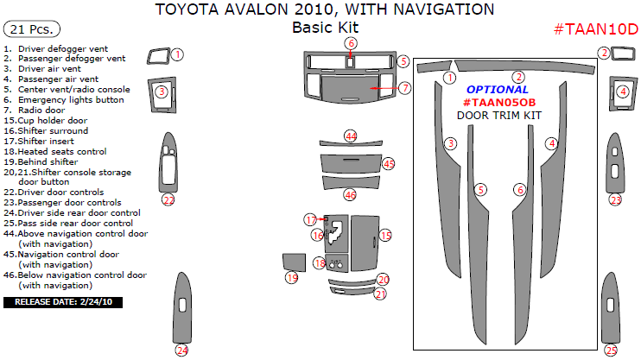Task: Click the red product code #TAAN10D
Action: coord(594,29)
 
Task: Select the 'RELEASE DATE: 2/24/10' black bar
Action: coord(64,302)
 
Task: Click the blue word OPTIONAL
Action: coord(497,89)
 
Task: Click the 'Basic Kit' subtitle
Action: coord(325,28)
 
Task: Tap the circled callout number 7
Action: coord(404,87)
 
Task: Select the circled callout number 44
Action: coord(351,136)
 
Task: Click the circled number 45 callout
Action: coord(389,163)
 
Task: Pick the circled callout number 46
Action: coord(350,194)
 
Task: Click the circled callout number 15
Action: coord(385,235)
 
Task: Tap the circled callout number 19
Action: coord(291,278)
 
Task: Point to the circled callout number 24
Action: coord(181,350)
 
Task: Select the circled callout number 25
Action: coord(611,350)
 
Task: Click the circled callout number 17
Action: coord(310,220)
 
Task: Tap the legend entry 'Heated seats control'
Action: coord(55,151)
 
